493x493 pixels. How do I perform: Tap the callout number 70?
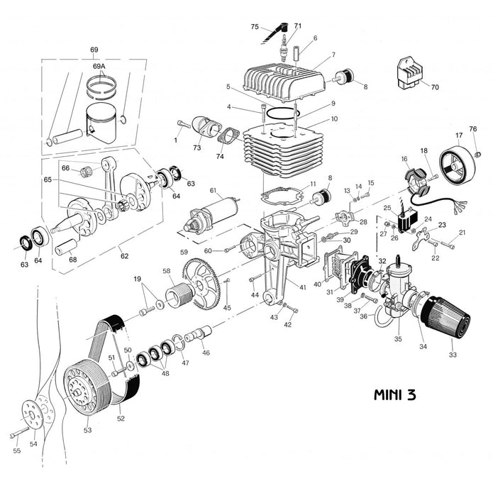point(435,88)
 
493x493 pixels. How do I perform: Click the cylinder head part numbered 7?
point(284,82)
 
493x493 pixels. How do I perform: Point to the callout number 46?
point(206,352)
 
